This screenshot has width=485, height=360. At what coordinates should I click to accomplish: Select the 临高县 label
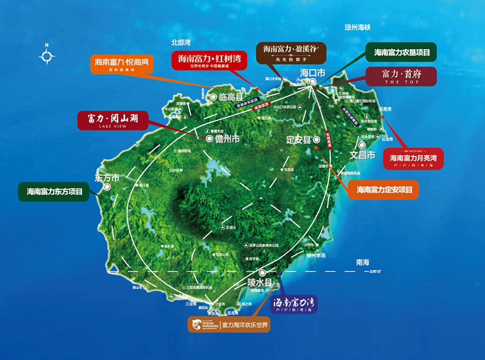click(x=230, y=97)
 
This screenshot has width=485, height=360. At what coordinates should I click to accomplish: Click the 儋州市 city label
click(x=227, y=139)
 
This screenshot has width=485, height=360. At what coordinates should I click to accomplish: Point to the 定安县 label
click(x=298, y=140)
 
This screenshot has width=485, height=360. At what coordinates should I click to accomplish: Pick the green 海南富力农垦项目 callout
click(x=401, y=53)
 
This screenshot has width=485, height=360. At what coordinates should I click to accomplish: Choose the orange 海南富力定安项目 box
click(x=384, y=190)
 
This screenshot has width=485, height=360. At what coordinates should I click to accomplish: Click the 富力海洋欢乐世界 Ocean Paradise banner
click(x=229, y=325)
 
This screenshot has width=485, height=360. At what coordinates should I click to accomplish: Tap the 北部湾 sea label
click(x=181, y=43)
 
